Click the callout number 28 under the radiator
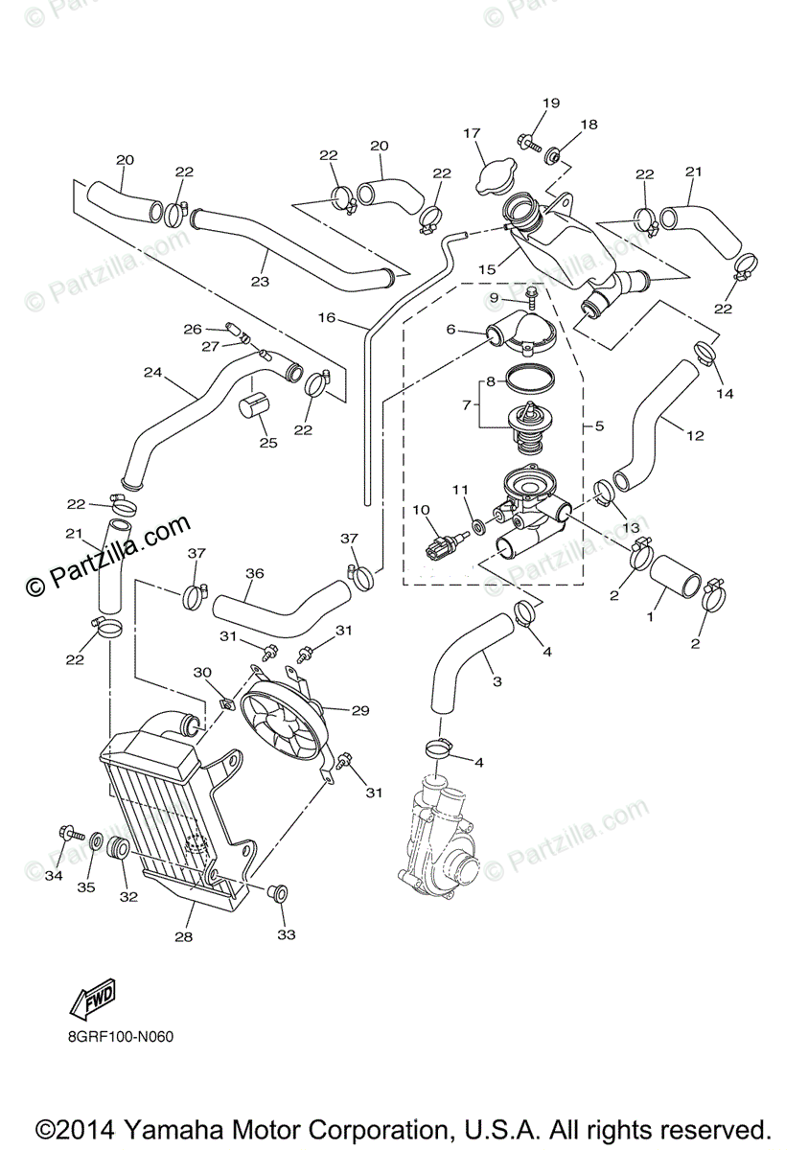click(183, 936)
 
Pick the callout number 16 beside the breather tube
click(327, 317)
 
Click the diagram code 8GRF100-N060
click(121, 1036)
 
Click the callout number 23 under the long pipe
click(259, 281)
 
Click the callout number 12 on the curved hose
click(695, 435)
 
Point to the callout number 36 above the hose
click(254, 573)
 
